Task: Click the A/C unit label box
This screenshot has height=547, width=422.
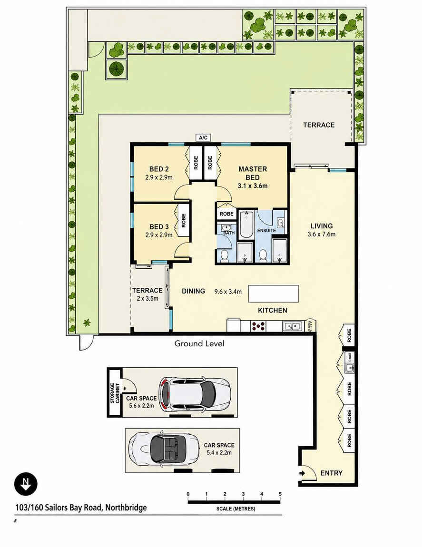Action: tap(203, 137)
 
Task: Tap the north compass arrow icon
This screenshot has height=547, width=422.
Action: tap(26, 484)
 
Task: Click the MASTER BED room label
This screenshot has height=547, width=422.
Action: tap(253, 173)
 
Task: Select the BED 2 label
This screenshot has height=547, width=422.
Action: tap(159, 169)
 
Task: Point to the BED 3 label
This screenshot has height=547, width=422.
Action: tap(159, 227)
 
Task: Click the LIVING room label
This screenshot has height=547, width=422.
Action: tap(322, 226)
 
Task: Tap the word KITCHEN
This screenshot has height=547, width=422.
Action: tap(273, 310)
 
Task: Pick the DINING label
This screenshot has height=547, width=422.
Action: tap(193, 291)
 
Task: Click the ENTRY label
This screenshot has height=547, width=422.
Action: tap(331, 473)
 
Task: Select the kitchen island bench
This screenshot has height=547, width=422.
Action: tap(273, 294)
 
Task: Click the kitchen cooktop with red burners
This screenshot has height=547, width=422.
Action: tap(258, 326)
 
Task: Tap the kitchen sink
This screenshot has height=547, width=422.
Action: tap(292, 326)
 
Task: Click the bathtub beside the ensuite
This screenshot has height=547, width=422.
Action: tap(246, 225)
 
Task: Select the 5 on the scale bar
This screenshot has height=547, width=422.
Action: tap(280, 494)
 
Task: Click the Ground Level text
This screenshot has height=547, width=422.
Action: tap(199, 343)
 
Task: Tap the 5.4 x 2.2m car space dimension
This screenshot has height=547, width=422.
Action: tap(219, 453)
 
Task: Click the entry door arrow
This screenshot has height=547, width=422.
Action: tap(302, 473)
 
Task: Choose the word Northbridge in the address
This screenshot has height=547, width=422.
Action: tap(126, 508)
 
